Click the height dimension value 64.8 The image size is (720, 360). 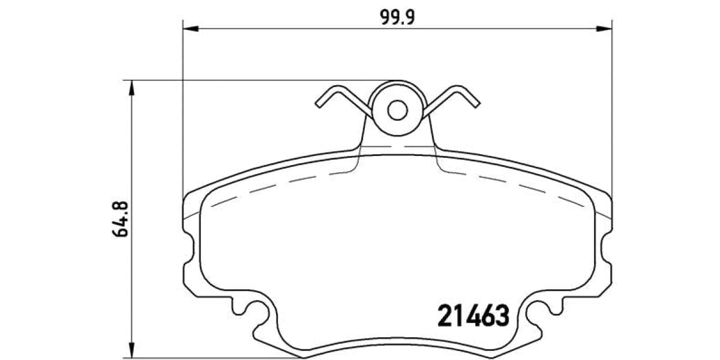coord(119,220)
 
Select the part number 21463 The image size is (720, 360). coord(473,316)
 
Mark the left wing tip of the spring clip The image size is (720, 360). coord(318,103)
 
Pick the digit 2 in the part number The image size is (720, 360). coord(446,316)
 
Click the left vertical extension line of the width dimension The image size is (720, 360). coord(182,120)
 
